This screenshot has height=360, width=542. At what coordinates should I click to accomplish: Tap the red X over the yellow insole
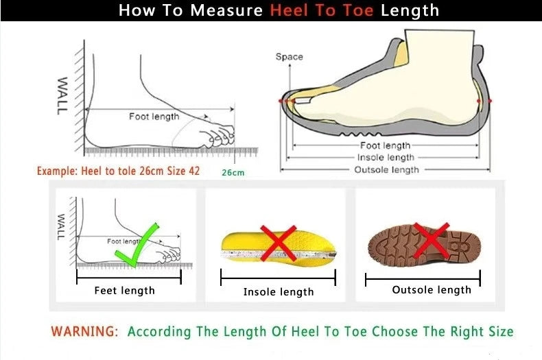279,243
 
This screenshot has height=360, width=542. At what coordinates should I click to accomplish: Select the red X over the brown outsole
431,241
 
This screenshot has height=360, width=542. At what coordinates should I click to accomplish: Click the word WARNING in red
84,331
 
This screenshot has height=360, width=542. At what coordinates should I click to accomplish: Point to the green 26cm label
233,172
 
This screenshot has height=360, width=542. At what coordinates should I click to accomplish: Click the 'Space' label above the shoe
290,57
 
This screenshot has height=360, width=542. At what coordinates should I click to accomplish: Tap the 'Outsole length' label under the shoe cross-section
386,169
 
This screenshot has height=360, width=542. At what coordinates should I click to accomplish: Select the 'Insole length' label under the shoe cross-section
386,158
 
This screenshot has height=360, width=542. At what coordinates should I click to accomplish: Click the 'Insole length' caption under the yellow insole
279,292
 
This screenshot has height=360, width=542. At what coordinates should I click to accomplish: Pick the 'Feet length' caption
124,291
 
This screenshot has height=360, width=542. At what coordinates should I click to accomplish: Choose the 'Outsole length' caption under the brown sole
432,290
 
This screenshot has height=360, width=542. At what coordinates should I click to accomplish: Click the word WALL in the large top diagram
62,96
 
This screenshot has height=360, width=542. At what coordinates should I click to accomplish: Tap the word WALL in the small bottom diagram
61,227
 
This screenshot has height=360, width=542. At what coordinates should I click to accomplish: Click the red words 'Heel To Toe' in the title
322,10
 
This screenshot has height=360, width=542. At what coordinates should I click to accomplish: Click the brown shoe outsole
425,245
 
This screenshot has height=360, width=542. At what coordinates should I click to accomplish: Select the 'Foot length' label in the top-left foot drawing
154,117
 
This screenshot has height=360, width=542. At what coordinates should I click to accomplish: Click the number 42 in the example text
194,171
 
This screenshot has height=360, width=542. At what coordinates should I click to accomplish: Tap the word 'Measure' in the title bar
226,10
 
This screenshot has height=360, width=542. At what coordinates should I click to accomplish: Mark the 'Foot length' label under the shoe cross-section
385,145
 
